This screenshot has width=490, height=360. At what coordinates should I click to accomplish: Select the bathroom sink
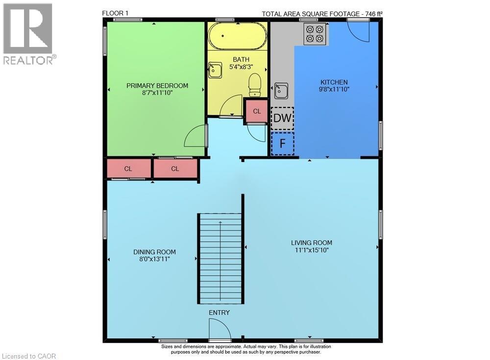(x=215, y=70)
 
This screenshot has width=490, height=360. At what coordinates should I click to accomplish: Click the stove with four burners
(x=315, y=33)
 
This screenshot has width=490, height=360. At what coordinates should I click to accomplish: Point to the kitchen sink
(x=281, y=91)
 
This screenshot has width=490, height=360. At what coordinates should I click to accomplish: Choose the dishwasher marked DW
(x=282, y=118)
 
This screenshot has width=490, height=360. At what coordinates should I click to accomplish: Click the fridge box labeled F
(x=282, y=144)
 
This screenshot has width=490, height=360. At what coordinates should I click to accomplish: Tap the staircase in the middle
(x=220, y=259)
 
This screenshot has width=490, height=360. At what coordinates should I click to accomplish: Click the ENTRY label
(x=219, y=312)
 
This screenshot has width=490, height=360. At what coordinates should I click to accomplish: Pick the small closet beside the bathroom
(x=257, y=111)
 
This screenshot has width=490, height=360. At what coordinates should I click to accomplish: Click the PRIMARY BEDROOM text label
(x=157, y=86)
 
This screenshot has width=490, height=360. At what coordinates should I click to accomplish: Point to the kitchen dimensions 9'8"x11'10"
(x=334, y=89)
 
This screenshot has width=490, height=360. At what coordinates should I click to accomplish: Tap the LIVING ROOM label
(x=312, y=242)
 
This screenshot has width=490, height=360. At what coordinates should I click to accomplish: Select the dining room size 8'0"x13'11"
(x=154, y=259)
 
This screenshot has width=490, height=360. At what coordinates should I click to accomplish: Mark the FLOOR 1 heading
(x=116, y=13)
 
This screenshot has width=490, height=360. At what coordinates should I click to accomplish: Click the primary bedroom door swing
(x=196, y=136)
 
